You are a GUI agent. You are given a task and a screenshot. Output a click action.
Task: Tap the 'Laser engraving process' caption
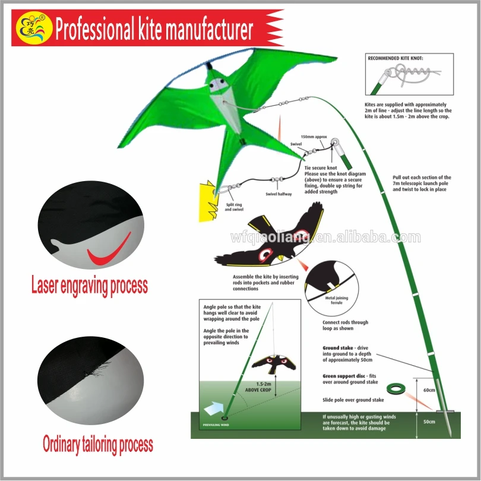point(89,286)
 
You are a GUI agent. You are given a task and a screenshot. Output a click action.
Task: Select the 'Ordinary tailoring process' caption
point(98,444)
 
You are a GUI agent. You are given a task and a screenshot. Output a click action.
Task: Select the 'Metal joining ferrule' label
point(337,300)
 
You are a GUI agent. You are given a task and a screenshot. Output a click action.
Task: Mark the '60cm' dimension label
point(429,390)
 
